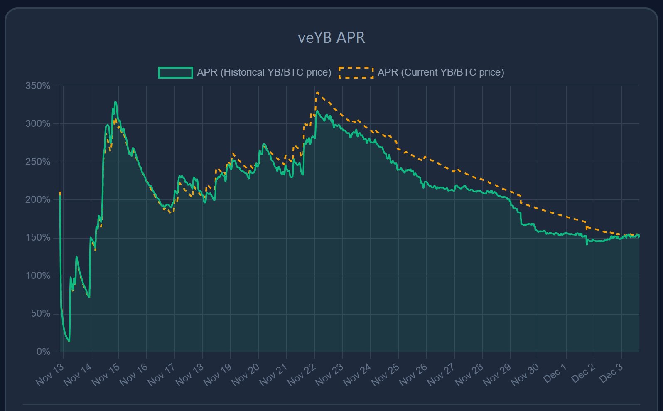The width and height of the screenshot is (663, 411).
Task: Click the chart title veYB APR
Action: pyautogui.click(x=331, y=38)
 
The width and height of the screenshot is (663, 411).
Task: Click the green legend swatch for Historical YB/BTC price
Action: pyautogui.click(x=175, y=73)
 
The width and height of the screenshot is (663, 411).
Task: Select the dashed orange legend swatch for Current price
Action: pyautogui.click(x=356, y=73)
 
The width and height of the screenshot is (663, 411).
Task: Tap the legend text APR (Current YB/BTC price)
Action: pyautogui.click(x=441, y=72)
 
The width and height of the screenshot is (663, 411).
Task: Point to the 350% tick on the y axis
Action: pyautogui.click(x=38, y=86)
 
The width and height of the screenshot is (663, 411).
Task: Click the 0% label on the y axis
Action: pyautogui.click(x=43, y=352)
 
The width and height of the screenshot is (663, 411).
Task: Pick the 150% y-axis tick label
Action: pyautogui.click(x=38, y=238)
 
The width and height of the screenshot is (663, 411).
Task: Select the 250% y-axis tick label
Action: pyautogui.click(x=38, y=162)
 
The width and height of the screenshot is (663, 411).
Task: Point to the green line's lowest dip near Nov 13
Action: pyautogui.click(x=69, y=342)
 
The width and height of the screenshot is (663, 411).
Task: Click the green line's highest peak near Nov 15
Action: pyautogui.click(x=115, y=102)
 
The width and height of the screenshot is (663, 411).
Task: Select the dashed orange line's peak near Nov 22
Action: pyautogui.click(x=317, y=92)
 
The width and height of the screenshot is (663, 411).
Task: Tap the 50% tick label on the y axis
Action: pyautogui.click(x=41, y=314)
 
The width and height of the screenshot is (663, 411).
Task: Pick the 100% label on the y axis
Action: pyautogui.click(x=38, y=276)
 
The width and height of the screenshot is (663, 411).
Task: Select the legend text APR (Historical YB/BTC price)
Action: pyautogui.click(x=264, y=72)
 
